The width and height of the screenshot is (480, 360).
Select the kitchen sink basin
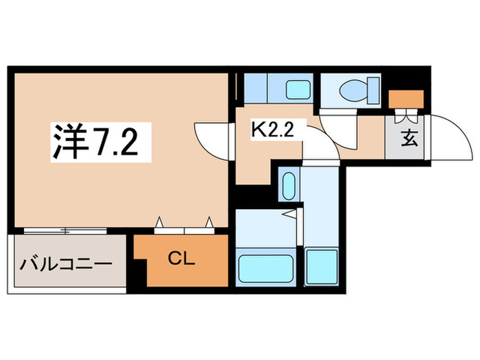[x=298, y=89]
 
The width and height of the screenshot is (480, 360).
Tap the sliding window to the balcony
[x=65, y=230]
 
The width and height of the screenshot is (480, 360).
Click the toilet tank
[x=373, y=88]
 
